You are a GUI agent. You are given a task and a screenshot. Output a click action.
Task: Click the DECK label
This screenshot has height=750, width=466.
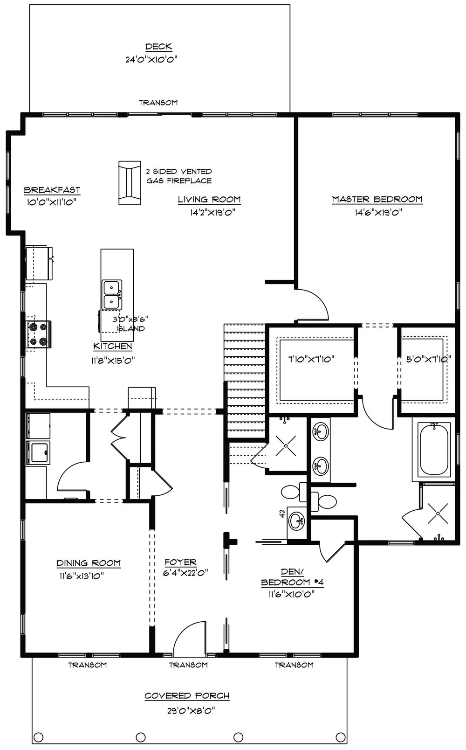[x=158, y=47]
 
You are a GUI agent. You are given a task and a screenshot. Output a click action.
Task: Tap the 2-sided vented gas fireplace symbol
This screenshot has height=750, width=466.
[x=130, y=183]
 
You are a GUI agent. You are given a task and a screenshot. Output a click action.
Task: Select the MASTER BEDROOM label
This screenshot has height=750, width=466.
[x=377, y=199]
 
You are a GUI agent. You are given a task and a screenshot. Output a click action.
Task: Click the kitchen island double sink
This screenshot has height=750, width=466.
[x=112, y=295]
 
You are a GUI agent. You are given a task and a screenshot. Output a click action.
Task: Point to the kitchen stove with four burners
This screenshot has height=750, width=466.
[x=38, y=334]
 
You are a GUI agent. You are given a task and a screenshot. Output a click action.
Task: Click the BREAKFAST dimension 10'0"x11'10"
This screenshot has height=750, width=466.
[x=52, y=202]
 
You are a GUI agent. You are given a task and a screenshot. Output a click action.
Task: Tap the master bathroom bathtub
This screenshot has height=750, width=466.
[x=434, y=449]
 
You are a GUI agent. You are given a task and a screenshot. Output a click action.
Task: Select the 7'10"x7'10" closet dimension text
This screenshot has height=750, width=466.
[x=311, y=359]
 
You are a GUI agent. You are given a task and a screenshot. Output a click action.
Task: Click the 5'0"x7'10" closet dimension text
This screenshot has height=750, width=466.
[x=428, y=359]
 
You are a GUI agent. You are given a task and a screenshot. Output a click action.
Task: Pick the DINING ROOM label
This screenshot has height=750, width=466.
[x=89, y=563]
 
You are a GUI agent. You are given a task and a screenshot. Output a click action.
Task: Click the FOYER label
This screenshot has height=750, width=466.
[x=180, y=562]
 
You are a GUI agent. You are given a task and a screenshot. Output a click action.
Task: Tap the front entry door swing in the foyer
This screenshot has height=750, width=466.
[x=190, y=638]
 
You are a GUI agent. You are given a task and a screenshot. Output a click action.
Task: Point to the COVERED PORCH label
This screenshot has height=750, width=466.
[x=187, y=696]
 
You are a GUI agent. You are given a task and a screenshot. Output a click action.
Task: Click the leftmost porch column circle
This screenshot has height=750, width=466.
[x=39, y=737]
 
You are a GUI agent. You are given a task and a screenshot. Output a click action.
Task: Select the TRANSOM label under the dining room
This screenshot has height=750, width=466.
[x=88, y=665]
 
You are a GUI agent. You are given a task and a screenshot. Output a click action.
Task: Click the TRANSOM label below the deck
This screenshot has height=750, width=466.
[x=158, y=103]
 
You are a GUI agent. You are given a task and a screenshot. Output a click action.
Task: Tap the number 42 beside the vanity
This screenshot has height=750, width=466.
[x=282, y=514]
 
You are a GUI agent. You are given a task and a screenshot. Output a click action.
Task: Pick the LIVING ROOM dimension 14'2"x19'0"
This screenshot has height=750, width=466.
[x=212, y=213]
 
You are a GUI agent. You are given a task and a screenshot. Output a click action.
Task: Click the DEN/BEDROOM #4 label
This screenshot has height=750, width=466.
[x=292, y=577]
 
